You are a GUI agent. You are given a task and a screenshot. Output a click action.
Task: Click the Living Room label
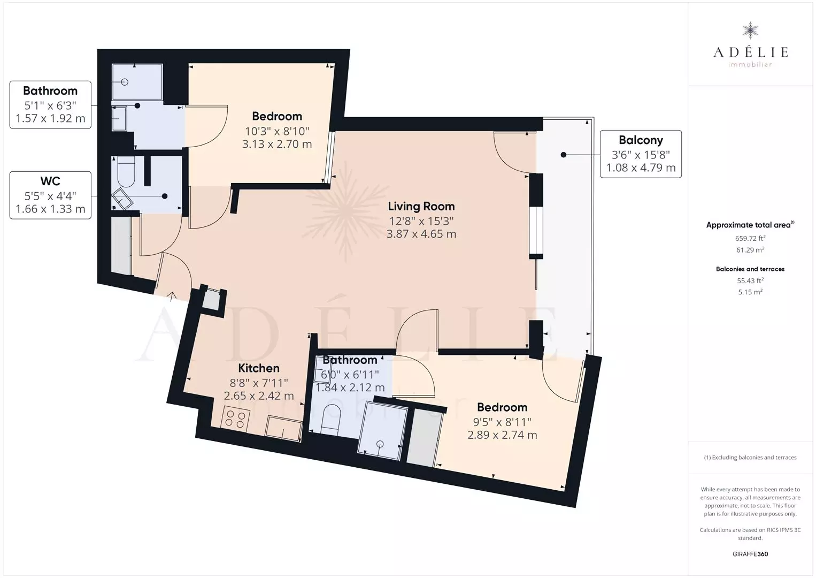coord(421,207)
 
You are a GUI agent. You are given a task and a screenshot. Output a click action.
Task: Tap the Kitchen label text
coord(259,368)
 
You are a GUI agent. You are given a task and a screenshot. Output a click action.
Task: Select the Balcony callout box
coord(641,154)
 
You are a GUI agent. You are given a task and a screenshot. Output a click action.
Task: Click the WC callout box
coord(50,195)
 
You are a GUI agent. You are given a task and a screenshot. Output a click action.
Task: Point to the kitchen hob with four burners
coord(235,419)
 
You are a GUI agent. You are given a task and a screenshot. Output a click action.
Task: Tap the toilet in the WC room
coord(126,171)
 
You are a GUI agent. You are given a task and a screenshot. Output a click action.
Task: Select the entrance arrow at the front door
coord(171,296)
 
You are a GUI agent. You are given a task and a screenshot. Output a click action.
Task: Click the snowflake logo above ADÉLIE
coord(750,31)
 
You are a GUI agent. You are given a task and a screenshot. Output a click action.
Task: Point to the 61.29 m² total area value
coord(750,250)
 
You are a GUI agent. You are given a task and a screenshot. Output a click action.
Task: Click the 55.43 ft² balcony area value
coord(750,280)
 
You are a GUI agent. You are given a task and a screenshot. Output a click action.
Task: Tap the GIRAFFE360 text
coord(750,554)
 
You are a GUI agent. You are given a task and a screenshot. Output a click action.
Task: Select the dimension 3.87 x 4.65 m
coord(421,234)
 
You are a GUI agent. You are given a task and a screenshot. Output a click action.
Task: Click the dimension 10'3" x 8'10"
coord(277,131)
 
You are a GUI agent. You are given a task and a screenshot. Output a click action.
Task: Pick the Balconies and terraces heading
coord(750,269)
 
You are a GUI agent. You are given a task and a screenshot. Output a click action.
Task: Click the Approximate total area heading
coord(750,225)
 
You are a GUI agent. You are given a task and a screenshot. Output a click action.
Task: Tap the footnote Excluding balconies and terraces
coord(750,457)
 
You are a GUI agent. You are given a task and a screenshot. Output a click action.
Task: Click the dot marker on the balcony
coord(563,155)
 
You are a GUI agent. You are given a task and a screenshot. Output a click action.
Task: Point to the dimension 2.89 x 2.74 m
coord(502,435)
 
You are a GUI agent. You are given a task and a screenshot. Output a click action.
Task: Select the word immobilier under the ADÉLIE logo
coord(750,65)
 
